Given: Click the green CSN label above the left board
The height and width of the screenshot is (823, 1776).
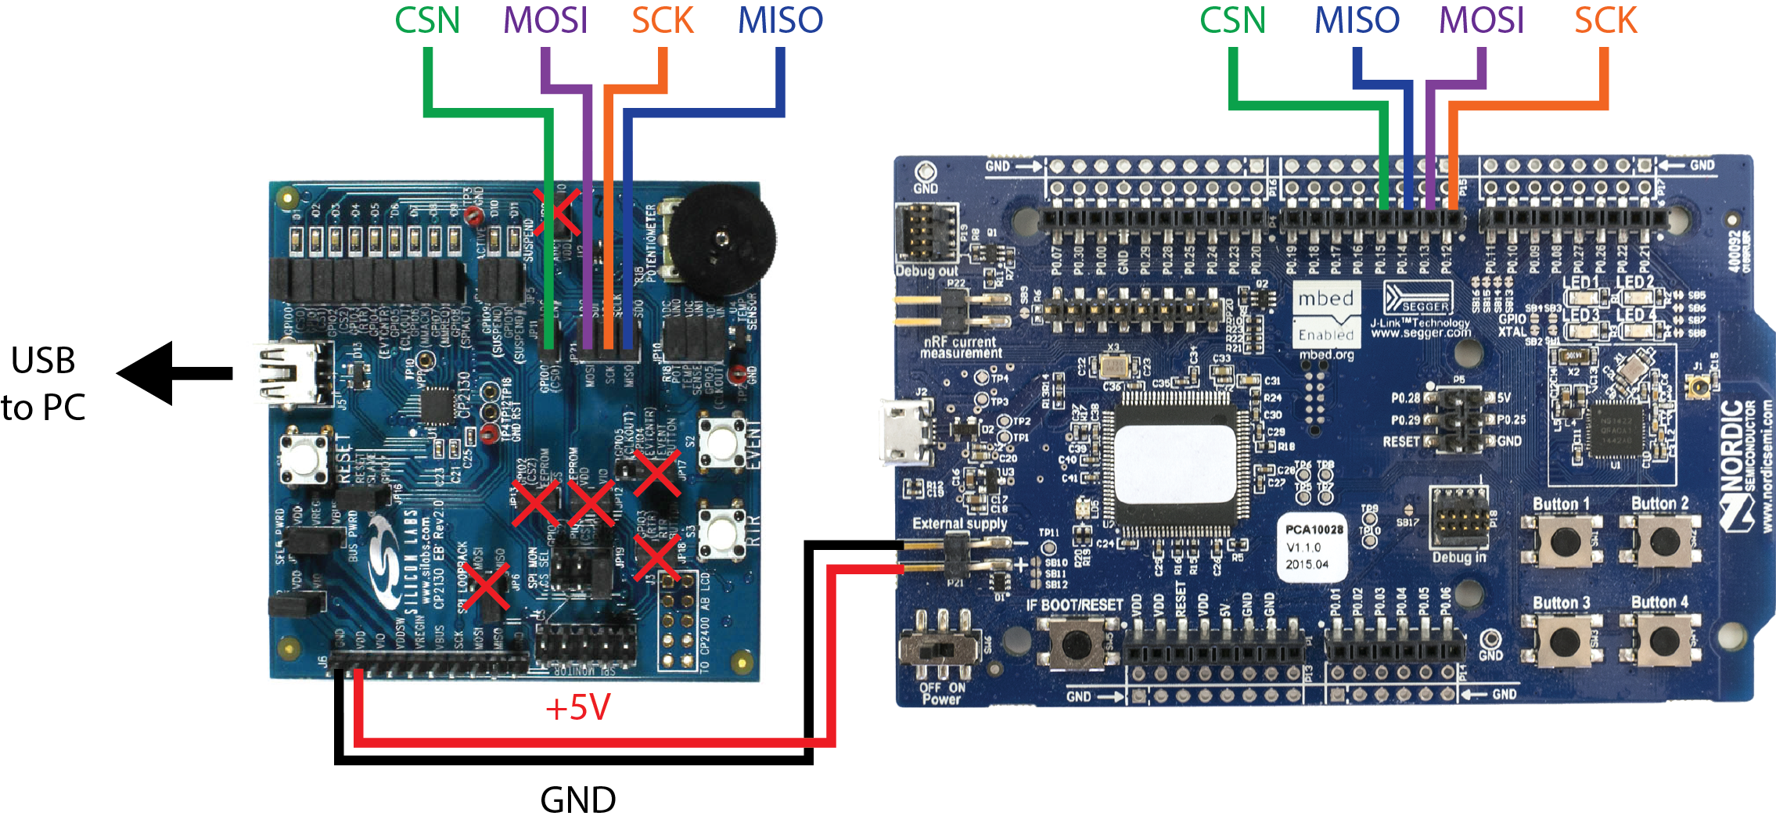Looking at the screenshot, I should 426,20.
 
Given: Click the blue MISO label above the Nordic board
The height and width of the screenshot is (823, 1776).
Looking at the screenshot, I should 1356,20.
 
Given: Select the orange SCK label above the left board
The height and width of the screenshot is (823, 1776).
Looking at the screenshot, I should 663,20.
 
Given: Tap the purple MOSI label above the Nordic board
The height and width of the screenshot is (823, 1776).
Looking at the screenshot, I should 1481,20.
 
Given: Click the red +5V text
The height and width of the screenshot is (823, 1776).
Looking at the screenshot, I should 577,708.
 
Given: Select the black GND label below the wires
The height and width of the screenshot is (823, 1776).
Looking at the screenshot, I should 577,800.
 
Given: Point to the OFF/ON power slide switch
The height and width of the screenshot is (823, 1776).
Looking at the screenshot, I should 939,649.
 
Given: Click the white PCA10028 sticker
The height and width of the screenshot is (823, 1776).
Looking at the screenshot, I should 1314,547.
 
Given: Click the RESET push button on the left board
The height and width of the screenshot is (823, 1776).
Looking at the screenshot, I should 305,458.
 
